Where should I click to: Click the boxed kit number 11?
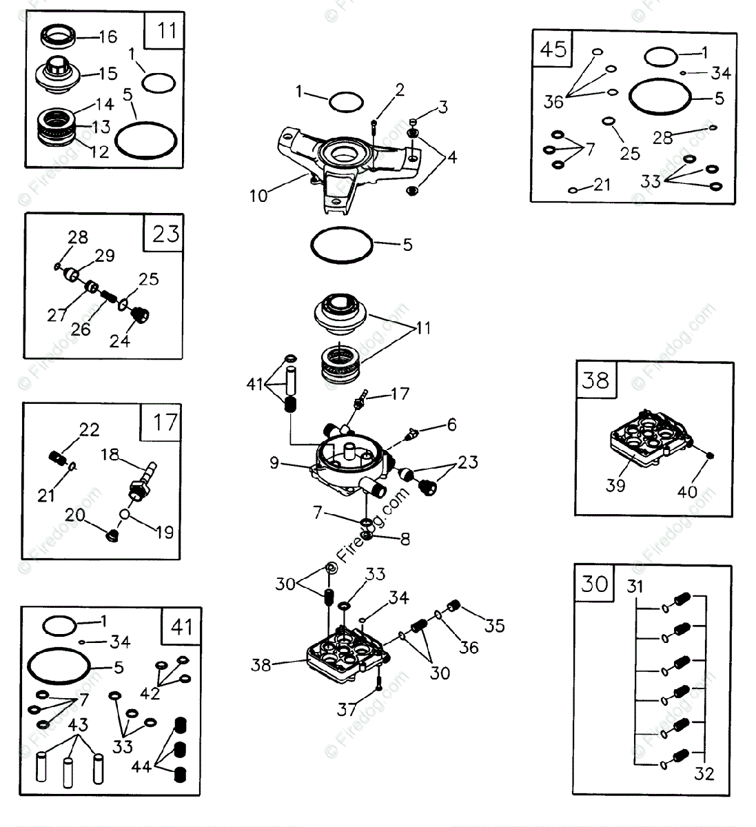coord(166,31)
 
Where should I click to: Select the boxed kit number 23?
coord(165,234)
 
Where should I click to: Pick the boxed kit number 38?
coord(595,380)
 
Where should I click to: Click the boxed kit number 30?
coord(594,584)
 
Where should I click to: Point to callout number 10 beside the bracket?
coord(258,196)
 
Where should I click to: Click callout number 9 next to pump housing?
coord(274,463)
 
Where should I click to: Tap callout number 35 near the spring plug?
coord(494,625)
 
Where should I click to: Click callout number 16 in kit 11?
coord(108,37)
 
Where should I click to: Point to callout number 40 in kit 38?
coord(687,492)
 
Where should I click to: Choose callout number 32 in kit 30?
coord(704,773)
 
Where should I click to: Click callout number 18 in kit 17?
coord(110,454)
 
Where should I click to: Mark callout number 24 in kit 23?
coord(120,340)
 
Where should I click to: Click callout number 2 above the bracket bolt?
coord(399,90)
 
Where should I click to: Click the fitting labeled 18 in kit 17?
coord(140,482)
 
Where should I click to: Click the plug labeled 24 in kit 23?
coord(142,315)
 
